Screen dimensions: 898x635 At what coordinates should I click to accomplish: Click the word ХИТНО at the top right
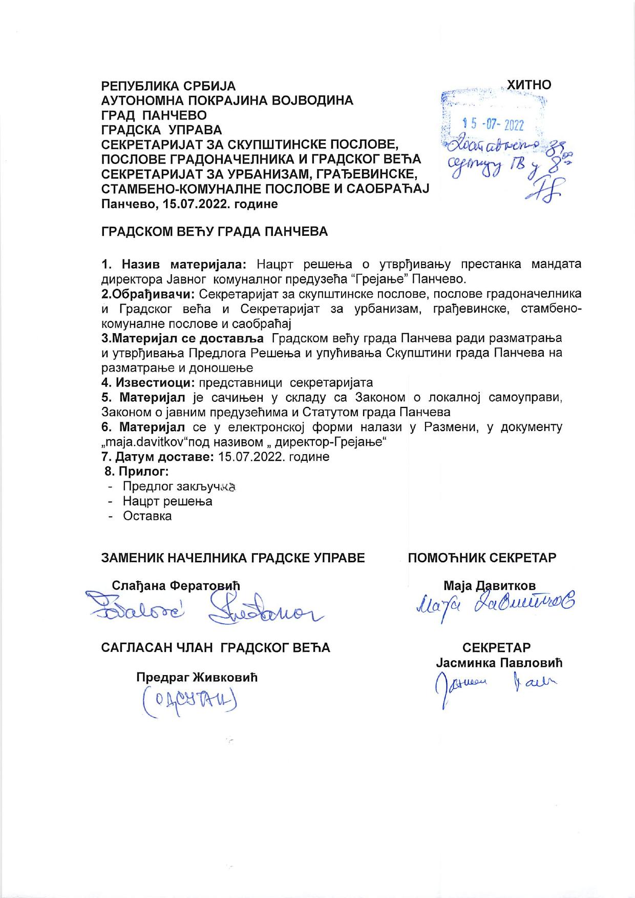coord(528,85)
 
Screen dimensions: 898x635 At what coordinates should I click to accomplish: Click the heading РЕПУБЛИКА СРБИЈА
coord(168,86)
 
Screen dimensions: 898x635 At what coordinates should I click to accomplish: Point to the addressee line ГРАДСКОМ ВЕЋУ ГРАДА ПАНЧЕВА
coord(215,232)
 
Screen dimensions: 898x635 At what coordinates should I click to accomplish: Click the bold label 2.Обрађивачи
coord(148,294)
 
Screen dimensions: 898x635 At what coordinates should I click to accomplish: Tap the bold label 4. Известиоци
coord(148,382)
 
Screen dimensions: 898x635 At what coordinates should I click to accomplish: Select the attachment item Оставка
coord(147,516)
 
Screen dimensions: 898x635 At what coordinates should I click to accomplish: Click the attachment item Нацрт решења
coord(167,501)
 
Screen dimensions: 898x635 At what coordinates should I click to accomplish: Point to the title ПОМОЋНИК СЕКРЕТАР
coord(482,558)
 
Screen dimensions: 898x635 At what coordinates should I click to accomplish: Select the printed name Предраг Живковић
coord(197,678)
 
